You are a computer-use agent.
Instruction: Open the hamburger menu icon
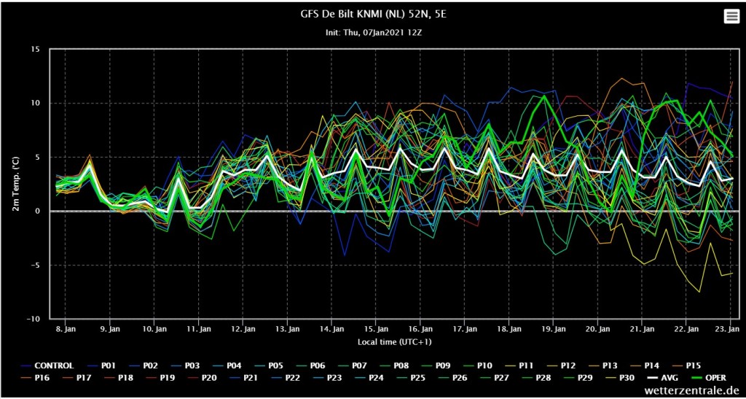[x=730, y=17]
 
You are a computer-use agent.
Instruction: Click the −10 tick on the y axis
[x=34, y=319]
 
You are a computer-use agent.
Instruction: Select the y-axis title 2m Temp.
[x=15, y=185]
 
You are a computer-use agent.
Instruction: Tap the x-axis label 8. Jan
[x=65, y=328]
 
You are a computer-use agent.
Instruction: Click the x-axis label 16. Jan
[x=420, y=328]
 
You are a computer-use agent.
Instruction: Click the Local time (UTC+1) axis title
[x=394, y=342]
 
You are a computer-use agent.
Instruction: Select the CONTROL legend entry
[x=47, y=365]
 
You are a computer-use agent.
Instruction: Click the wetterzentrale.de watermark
[x=693, y=391]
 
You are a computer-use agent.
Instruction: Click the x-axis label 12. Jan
[x=243, y=328]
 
